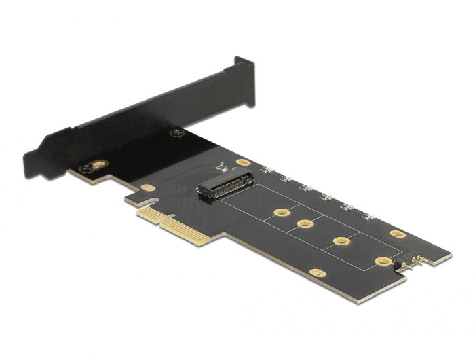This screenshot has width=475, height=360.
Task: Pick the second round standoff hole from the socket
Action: tap(305, 224)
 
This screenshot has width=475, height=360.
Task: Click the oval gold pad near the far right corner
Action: tap(398, 234)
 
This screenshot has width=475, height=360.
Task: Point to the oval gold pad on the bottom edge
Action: tap(316, 273)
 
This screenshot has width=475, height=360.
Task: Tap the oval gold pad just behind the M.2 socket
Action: tap(243, 164)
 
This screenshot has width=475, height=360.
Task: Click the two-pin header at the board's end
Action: tap(413, 260)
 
